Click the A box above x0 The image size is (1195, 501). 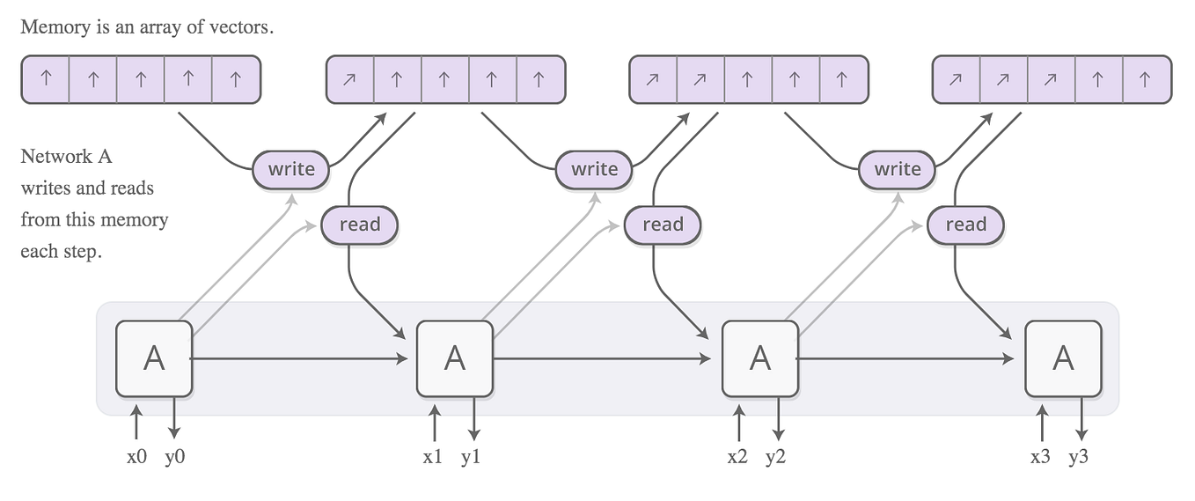pyautogui.click(x=154, y=358)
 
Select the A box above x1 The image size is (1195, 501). pyautogui.click(x=454, y=358)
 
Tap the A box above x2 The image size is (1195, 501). pyautogui.click(x=759, y=358)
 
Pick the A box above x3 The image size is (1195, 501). pyautogui.click(x=1063, y=358)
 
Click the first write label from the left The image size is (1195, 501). pyautogui.click(x=291, y=169)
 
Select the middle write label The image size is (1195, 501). pyautogui.click(x=594, y=169)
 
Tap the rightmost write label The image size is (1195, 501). pyautogui.click(x=897, y=169)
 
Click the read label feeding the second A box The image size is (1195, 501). pyautogui.click(x=359, y=225)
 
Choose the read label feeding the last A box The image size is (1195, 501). pyautogui.click(x=965, y=225)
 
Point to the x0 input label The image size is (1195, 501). pyautogui.click(x=136, y=458)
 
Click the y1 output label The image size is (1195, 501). pyautogui.click(x=472, y=458)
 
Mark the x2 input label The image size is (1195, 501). pyautogui.click(x=737, y=458)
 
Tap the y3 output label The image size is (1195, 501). pyautogui.click(x=1078, y=458)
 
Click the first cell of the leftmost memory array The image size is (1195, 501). pyautogui.click(x=46, y=79)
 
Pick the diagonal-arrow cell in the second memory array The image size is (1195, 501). pyautogui.click(x=350, y=79)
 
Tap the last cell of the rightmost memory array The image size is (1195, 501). pyautogui.click(x=1146, y=79)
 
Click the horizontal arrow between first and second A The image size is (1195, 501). pyautogui.click(x=299, y=358)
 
